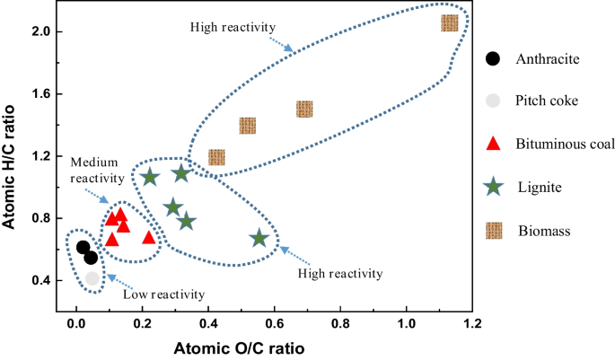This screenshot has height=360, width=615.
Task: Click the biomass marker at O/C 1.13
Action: pos(450,23)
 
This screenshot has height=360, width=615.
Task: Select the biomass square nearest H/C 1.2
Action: pos(216,158)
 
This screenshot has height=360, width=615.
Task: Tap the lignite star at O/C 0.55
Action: pos(259,238)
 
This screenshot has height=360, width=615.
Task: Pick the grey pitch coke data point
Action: pos(92,278)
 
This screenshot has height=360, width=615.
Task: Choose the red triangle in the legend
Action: pos(492,145)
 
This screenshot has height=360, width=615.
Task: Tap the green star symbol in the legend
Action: pos(492,187)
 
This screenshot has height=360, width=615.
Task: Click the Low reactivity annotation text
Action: pos(163,294)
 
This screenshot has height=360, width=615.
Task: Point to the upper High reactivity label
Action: pos(231,27)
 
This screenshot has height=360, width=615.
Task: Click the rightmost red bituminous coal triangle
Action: pos(149,237)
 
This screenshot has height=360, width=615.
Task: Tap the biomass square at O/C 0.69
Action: pos(304,110)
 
